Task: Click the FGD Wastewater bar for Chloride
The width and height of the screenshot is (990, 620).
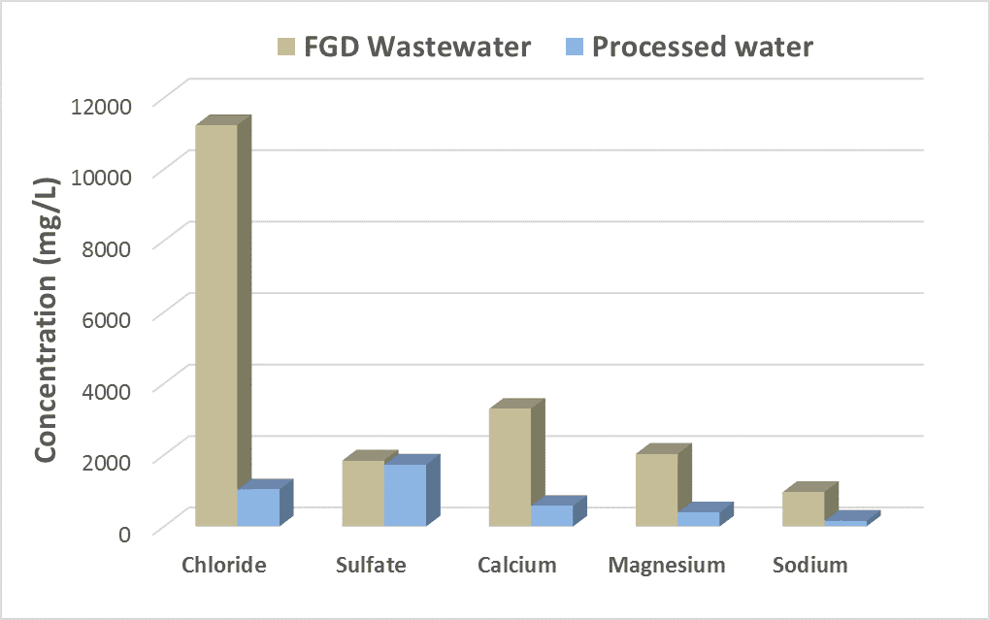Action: click(x=216, y=325)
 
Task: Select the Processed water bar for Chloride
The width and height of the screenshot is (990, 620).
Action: click(x=258, y=507)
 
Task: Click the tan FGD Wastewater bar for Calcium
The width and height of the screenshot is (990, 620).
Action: click(x=510, y=467)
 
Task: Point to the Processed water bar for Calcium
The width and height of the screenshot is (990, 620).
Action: click(x=551, y=515)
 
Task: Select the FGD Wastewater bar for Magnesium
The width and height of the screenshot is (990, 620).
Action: click(x=656, y=490)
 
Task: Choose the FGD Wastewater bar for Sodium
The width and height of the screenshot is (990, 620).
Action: click(x=803, y=508)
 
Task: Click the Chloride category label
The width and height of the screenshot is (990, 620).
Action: click(x=224, y=565)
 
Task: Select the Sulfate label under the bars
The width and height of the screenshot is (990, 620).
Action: click(x=371, y=565)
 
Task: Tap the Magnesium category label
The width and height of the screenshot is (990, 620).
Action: click(x=667, y=565)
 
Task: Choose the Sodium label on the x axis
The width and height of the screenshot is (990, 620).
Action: click(x=810, y=565)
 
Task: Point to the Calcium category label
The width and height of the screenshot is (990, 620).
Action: click(x=517, y=565)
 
